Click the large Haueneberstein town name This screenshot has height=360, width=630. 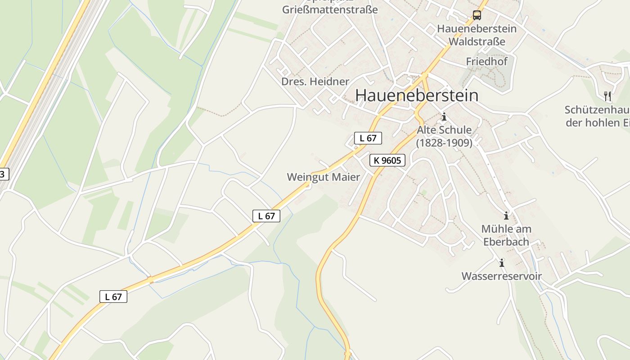click(416, 95)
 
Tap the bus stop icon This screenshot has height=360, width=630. click(477, 15)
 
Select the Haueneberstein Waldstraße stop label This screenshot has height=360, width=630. click(477, 35)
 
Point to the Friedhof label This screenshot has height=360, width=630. click(486, 61)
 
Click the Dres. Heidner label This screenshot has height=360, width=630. click(315, 81)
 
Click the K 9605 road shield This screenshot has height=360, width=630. click(387, 160)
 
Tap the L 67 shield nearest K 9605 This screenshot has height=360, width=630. click(368, 138)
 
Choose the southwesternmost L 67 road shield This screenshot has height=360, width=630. click(113, 297)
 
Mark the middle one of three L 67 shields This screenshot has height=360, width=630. click(266, 216)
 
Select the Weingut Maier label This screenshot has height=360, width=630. click(324, 177)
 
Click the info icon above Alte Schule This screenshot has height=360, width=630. click(444, 117)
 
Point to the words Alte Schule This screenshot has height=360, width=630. click(444, 130)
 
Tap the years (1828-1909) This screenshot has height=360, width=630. click(444, 143)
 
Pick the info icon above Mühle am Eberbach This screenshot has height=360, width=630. click(506, 215)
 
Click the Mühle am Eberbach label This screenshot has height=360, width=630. click(506, 235)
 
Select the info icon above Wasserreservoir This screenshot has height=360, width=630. click(502, 262)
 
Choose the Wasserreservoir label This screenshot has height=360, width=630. click(502, 276)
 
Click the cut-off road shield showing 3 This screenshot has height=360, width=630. click(3, 174)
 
